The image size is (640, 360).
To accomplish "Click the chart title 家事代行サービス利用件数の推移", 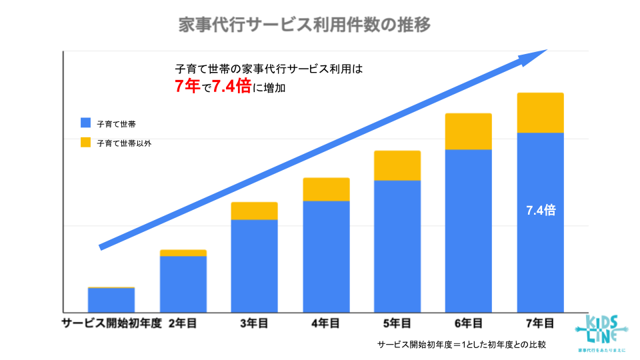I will [305, 25].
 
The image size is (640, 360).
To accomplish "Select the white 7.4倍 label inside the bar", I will [540, 211].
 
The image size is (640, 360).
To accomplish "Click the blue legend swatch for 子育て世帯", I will [85, 123].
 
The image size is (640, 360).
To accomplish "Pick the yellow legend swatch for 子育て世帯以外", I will [85, 143].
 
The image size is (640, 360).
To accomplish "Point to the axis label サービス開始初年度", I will [112, 323].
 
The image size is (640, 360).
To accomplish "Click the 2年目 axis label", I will [183, 323].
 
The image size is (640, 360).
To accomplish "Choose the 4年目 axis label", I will [325, 323].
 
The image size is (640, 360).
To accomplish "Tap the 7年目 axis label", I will [540, 323].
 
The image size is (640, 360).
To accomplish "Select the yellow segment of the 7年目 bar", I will [540, 113].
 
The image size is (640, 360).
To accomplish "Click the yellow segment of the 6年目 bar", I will [468, 131].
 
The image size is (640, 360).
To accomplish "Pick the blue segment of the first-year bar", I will [111, 300].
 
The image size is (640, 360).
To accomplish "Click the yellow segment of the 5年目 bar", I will [397, 165].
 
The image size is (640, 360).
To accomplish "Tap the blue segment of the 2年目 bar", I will [183, 283].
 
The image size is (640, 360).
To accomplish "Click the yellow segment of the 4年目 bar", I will [326, 189].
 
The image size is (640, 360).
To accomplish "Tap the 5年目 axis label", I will [397, 323].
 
